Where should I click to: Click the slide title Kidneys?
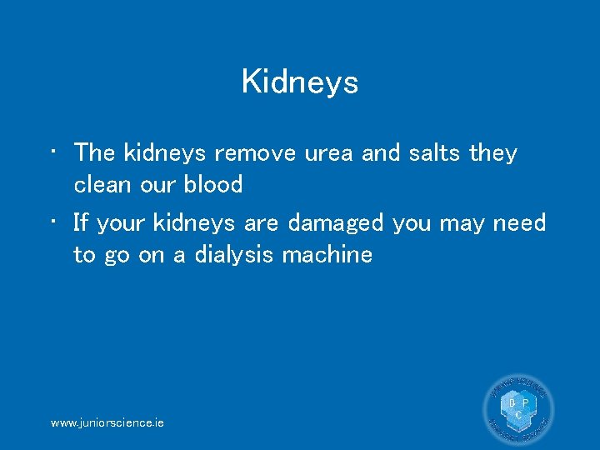[x=300, y=82]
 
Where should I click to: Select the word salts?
[x=434, y=153]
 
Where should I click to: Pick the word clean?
[x=102, y=184]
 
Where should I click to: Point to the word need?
[x=518, y=223]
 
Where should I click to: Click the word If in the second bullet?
[x=81, y=223]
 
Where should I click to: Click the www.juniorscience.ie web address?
[x=107, y=423]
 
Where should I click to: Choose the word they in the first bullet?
[x=493, y=153]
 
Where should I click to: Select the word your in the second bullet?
[x=124, y=223]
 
